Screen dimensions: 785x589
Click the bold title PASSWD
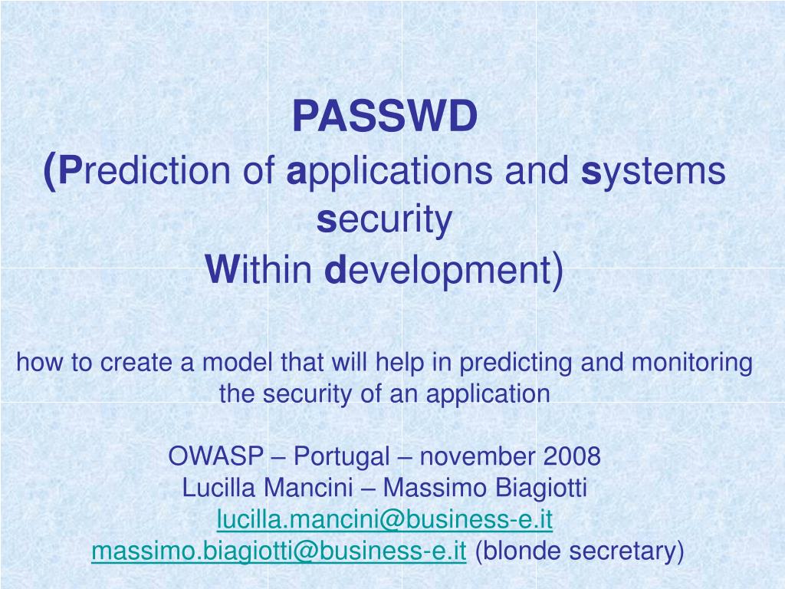[385, 117]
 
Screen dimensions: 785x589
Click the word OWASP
[215, 456]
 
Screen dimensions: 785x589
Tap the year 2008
[572, 456]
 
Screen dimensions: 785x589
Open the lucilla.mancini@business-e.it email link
[385, 519]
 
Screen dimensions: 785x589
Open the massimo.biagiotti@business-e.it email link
[279, 551]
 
